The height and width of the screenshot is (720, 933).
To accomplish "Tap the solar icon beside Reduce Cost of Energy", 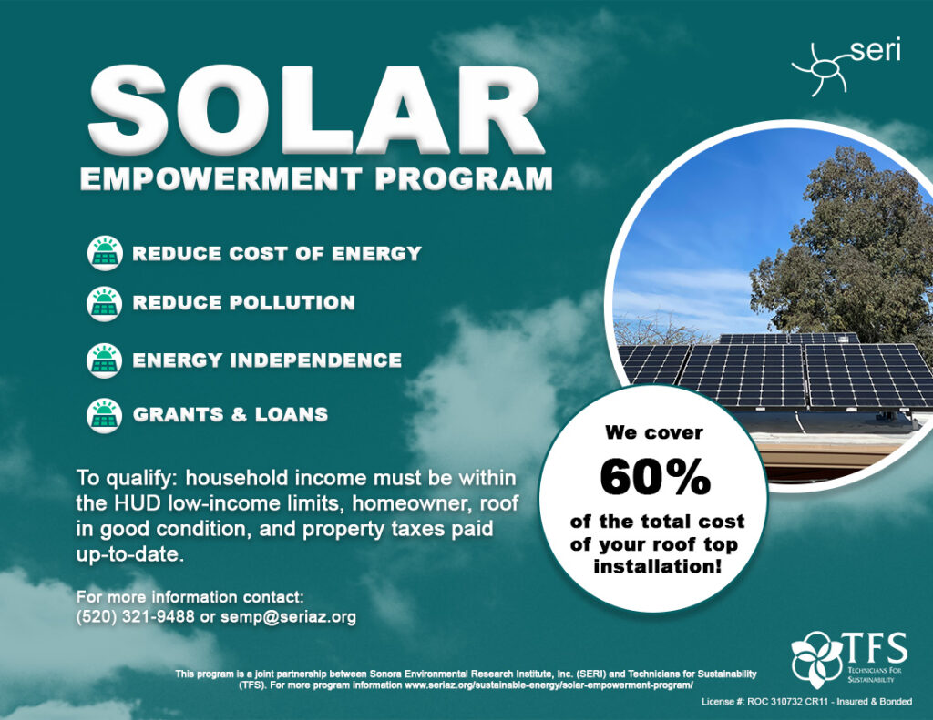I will tap(105, 253).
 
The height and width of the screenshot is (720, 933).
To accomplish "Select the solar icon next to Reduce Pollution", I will tap(105, 302).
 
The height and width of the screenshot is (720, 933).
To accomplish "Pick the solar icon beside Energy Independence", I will tap(105, 360).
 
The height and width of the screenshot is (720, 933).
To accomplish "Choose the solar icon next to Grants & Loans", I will tap(105, 414).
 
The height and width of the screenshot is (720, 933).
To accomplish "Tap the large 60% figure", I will tap(652, 477).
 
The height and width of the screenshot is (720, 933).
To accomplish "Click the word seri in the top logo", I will tap(875, 49).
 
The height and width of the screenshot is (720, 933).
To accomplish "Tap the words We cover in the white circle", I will tap(653, 432).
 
